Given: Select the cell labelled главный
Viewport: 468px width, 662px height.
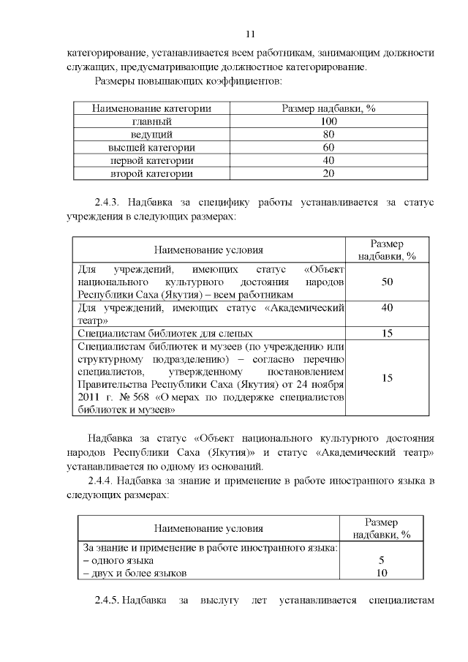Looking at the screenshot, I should (x=151, y=121).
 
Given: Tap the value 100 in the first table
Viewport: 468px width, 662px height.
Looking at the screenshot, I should (x=328, y=121).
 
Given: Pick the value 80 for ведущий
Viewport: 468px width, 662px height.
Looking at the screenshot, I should (x=328, y=135).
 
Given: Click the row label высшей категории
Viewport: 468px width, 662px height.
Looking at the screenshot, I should (x=151, y=148).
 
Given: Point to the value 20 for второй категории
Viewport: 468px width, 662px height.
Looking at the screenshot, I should (x=328, y=174).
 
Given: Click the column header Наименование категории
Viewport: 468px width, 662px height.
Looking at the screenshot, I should (x=151, y=108).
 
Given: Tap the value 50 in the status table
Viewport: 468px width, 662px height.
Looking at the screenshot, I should (x=388, y=282).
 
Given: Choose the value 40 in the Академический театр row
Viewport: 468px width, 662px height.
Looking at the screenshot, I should (x=388, y=308).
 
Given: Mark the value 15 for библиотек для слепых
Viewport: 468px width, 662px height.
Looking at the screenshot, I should (x=388, y=334).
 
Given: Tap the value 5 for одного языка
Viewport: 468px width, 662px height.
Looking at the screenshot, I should (x=381, y=560).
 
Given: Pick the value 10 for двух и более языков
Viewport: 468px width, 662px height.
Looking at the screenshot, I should (x=381, y=573).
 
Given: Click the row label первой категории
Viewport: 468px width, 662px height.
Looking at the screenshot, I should (x=151, y=161).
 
